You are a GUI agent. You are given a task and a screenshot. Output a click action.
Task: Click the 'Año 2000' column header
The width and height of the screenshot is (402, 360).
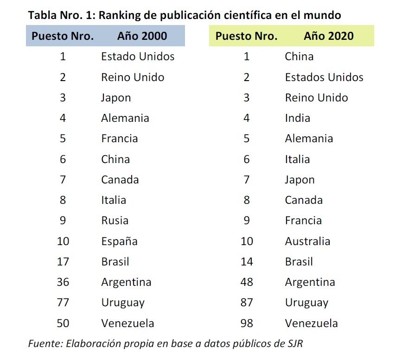142,36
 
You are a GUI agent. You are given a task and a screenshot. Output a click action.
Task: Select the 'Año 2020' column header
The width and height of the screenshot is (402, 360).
328,36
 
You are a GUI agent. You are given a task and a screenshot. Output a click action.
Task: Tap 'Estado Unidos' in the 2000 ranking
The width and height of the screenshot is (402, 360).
138,57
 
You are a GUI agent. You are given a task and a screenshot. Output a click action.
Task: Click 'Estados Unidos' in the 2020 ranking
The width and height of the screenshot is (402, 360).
324,77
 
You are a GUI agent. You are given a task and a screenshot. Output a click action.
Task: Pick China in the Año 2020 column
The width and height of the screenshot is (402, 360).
299,57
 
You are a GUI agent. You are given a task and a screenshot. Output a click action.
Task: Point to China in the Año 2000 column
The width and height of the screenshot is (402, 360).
115,159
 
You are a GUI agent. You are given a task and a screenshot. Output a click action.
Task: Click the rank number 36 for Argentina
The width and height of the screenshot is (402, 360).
63,282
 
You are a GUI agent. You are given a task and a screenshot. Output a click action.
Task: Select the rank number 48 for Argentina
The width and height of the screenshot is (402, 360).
247,282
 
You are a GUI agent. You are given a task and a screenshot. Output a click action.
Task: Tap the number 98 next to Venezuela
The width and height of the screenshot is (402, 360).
247,323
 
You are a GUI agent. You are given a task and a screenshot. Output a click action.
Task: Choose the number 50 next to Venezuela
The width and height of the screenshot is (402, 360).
63,323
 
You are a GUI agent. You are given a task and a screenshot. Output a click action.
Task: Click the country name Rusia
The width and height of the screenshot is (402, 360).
115,221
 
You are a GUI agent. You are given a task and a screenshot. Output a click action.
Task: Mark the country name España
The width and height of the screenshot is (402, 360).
119,241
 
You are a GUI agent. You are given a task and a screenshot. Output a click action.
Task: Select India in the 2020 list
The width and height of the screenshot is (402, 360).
297,118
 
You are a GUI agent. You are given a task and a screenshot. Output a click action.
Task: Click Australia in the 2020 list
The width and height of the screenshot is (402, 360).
307,241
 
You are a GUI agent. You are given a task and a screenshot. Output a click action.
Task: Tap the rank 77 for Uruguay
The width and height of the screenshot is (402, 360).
63,303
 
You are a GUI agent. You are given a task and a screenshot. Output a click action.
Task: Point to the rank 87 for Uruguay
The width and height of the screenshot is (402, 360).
247,303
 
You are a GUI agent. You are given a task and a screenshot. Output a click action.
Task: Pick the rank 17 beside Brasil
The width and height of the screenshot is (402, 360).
63,261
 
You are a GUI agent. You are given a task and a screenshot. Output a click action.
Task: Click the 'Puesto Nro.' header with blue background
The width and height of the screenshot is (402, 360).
63,36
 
